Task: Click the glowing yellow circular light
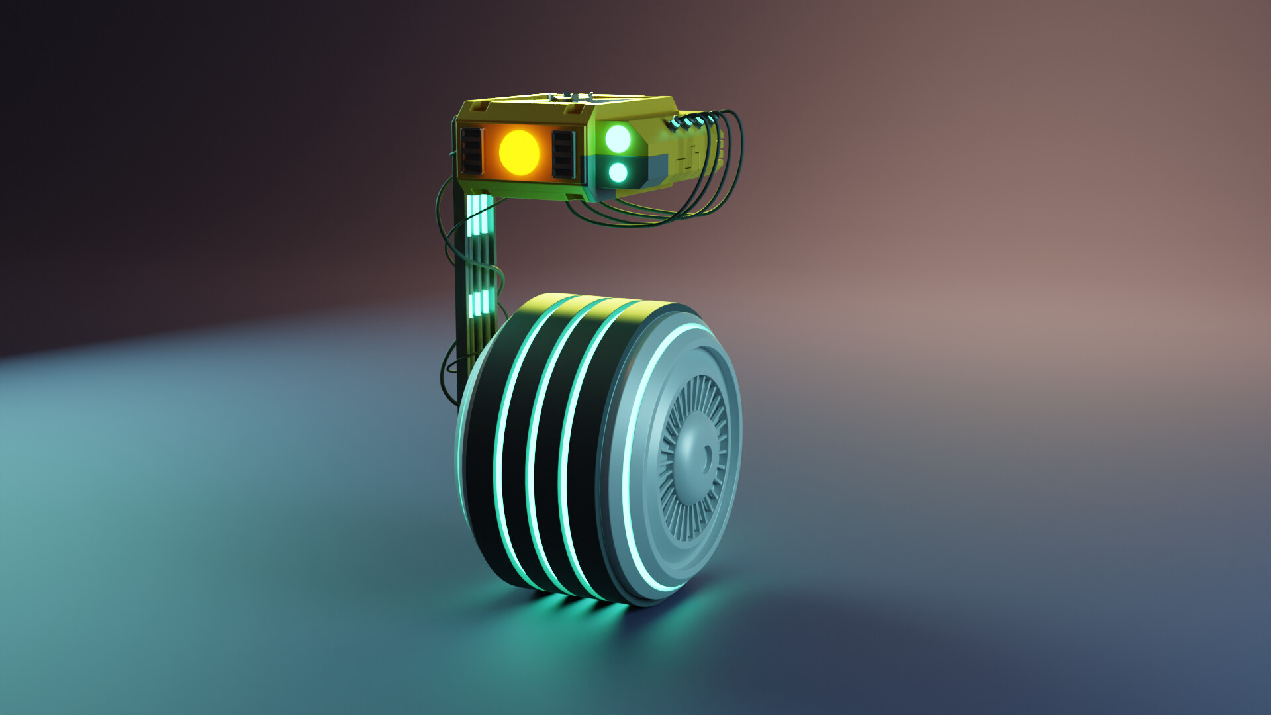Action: pos(518,152)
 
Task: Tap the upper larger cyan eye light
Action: pos(618,138)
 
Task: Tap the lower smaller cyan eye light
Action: pos(617,173)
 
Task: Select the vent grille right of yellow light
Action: pos(563,154)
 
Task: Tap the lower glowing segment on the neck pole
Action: pos(481,303)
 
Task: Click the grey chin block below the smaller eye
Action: pos(659,169)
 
